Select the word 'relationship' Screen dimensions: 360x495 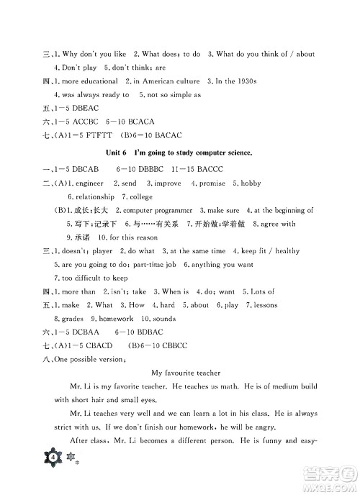(91, 196)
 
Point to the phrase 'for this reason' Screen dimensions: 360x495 (127, 237)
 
